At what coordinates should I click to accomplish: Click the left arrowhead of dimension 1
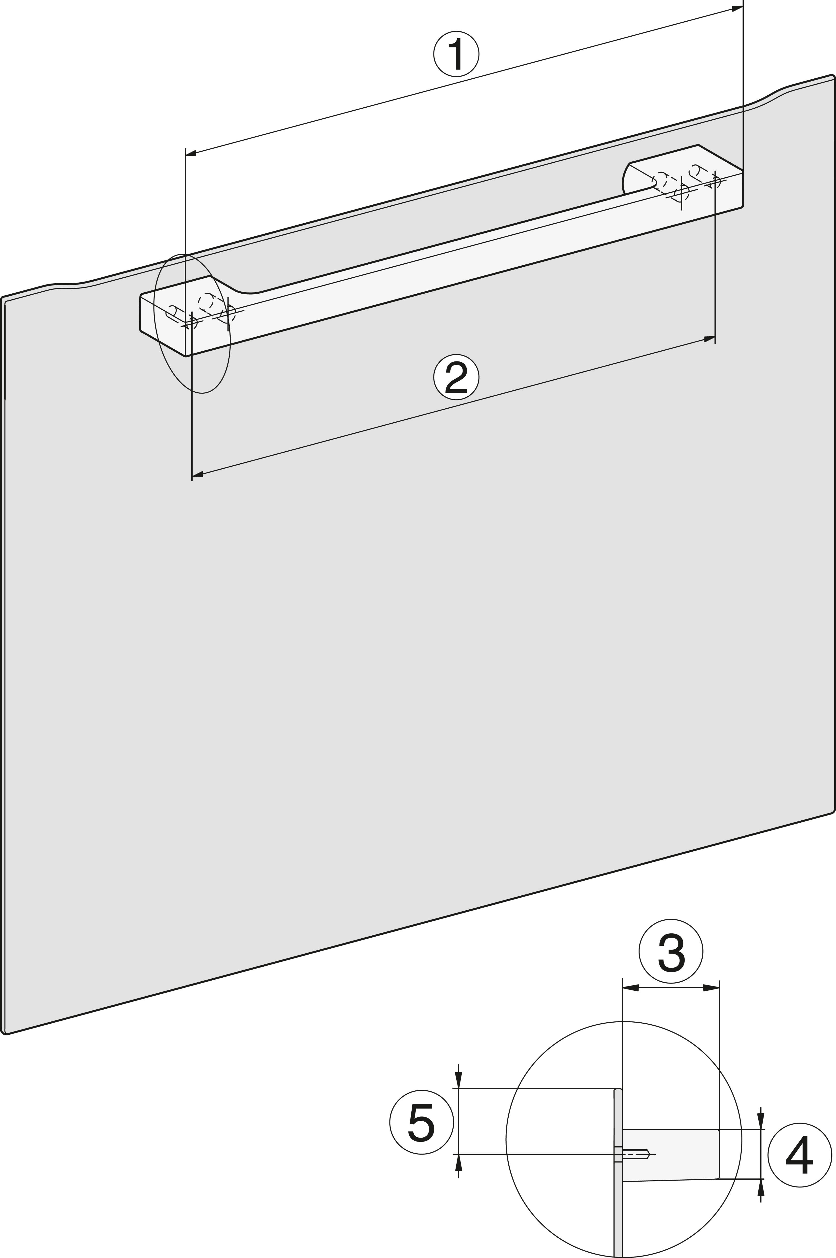191,154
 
